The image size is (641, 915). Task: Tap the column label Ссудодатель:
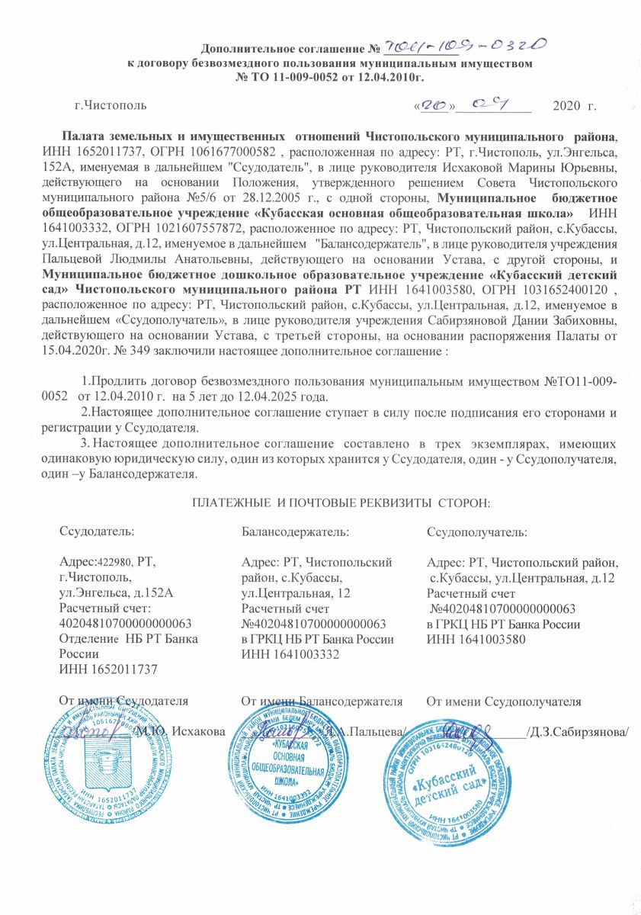click(97, 531)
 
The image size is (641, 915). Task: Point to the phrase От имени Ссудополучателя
click(504, 701)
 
